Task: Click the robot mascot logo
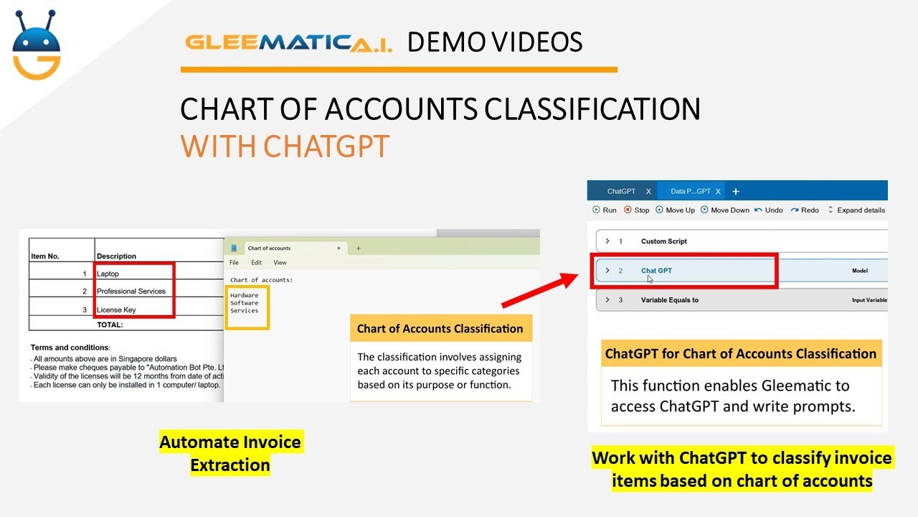(37, 44)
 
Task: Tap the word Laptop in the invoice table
(108, 274)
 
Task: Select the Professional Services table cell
(131, 291)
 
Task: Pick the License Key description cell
(116, 309)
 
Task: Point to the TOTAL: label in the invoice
(110, 325)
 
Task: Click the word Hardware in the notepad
(245, 295)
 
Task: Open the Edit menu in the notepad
(256, 263)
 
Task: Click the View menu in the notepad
(280, 263)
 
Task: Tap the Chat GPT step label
(656, 271)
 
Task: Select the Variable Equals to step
(669, 300)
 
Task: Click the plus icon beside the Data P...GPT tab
(735, 191)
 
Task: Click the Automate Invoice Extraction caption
(230, 453)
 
